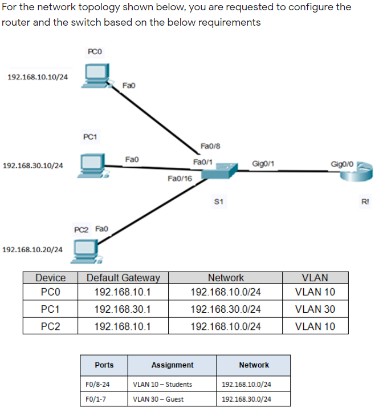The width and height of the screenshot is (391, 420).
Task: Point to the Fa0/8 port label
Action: (210, 147)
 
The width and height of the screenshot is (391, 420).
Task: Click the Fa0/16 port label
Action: (180, 179)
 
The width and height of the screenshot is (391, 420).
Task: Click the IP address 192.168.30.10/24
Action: (33, 166)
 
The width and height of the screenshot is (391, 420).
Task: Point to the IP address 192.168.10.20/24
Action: (33, 249)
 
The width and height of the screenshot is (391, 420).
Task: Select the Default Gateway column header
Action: (123, 278)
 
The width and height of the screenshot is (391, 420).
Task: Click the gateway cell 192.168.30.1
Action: (123, 309)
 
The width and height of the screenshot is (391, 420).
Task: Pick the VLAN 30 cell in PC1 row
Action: (315, 309)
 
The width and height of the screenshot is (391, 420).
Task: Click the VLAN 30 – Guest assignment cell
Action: (158, 399)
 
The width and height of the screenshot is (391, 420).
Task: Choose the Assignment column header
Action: (172, 365)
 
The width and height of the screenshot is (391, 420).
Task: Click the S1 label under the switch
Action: (219, 201)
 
